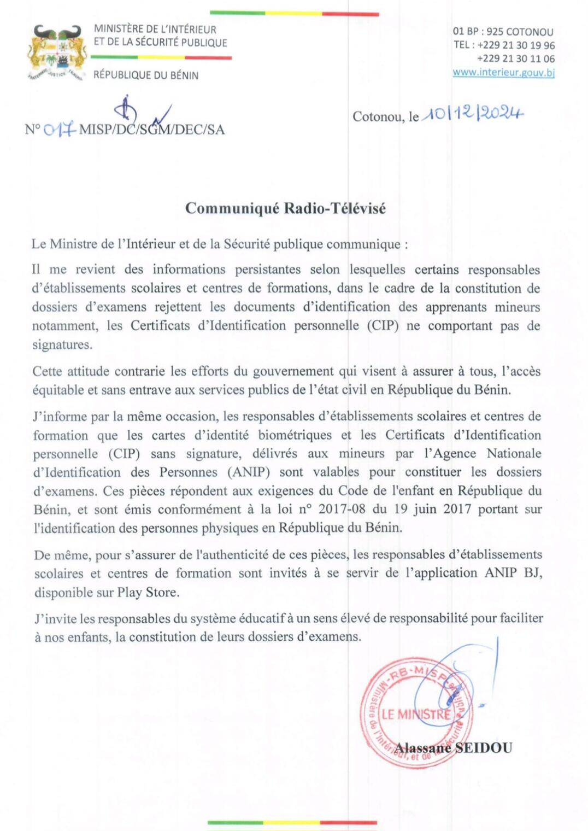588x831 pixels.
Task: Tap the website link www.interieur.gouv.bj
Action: (503, 72)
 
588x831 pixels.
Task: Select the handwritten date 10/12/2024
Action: (473, 114)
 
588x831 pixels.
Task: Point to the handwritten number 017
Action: (59, 130)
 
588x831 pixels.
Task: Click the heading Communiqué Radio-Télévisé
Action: (285, 208)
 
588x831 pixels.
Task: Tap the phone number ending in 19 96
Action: (515, 45)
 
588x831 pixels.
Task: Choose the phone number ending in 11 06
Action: (515, 58)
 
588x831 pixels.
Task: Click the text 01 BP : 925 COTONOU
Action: (503, 32)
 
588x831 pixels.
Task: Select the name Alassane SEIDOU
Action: (454, 747)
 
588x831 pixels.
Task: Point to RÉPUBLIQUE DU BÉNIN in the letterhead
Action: (146, 75)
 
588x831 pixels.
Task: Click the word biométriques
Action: (295, 435)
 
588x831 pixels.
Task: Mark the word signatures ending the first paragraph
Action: (62, 344)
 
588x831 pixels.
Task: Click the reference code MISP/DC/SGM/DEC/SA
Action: (152, 130)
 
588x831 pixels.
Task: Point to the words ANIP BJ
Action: (511, 573)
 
